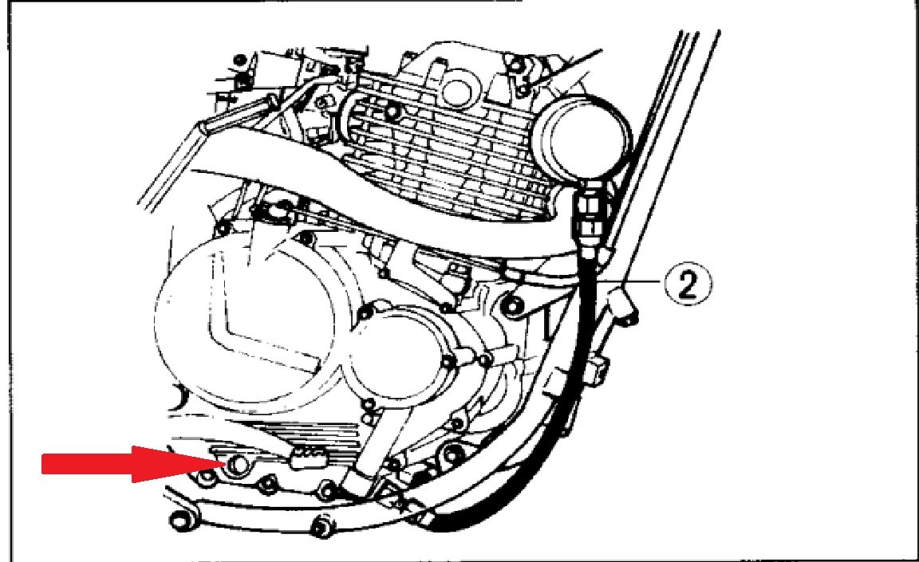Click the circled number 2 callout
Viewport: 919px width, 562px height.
(x=688, y=283)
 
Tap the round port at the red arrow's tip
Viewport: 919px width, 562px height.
(x=238, y=464)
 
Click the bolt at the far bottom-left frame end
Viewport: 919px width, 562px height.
(x=178, y=519)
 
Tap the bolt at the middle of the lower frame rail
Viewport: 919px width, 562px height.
(x=321, y=525)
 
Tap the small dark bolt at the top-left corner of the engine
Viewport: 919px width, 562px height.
(x=239, y=61)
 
